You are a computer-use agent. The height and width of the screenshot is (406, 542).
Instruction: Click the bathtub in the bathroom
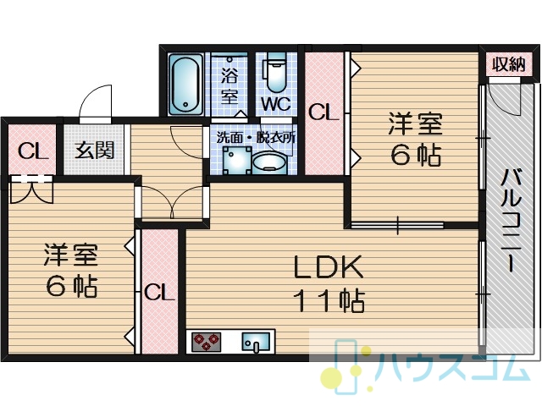tap(186, 84)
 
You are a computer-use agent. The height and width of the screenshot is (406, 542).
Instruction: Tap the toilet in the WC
tap(275, 73)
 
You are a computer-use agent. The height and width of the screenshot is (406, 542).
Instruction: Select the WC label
tap(275, 103)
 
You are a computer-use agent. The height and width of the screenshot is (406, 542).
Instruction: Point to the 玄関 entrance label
tap(94, 151)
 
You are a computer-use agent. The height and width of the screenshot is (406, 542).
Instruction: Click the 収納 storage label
tap(508, 64)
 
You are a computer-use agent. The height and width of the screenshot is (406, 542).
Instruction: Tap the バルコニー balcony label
tap(512, 220)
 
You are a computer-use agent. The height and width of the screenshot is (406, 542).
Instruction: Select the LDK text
tap(328, 267)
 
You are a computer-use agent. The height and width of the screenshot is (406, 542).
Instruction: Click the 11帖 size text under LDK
tap(329, 301)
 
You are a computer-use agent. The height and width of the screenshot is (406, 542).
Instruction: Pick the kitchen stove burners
tap(207, 342)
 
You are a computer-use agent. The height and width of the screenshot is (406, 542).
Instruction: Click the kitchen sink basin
tap(256, 342)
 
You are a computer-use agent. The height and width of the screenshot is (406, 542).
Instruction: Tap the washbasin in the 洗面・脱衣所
tap(269, 164)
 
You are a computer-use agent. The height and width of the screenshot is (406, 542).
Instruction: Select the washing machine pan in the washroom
tap(237, 161)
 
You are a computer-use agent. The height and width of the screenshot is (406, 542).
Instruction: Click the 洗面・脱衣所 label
tap(256, 138)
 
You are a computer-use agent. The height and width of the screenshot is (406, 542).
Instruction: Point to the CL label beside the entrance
tap(32, 151)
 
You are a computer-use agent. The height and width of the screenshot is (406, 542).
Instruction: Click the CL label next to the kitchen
tap(159, 293)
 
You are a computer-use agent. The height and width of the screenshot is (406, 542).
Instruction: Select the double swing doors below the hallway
tap(172, 202)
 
